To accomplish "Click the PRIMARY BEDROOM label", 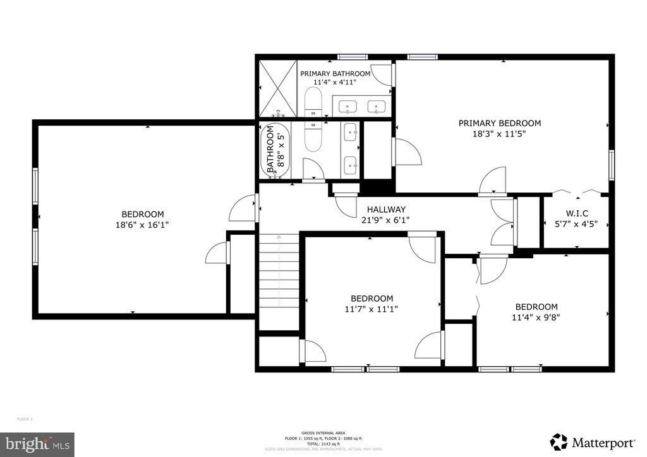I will [499, 123].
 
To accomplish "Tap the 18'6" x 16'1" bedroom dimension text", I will [142, 224].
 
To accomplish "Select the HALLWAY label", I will [386, 210].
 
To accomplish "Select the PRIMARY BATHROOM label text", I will [335, 73].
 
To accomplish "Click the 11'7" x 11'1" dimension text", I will [372, 309].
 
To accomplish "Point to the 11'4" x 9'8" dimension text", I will [536, 317].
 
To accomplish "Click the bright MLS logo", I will [37, 444].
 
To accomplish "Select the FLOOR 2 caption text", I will [24, 419].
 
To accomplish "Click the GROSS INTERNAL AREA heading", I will [323, 434].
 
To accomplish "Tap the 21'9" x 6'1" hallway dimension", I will [386, 220].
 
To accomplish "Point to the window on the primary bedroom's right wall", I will [611, 164].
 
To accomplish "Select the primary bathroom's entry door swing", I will [382, 75].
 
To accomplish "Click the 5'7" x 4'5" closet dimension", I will [576, 223].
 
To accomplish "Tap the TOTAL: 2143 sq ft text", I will [323, 444].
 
